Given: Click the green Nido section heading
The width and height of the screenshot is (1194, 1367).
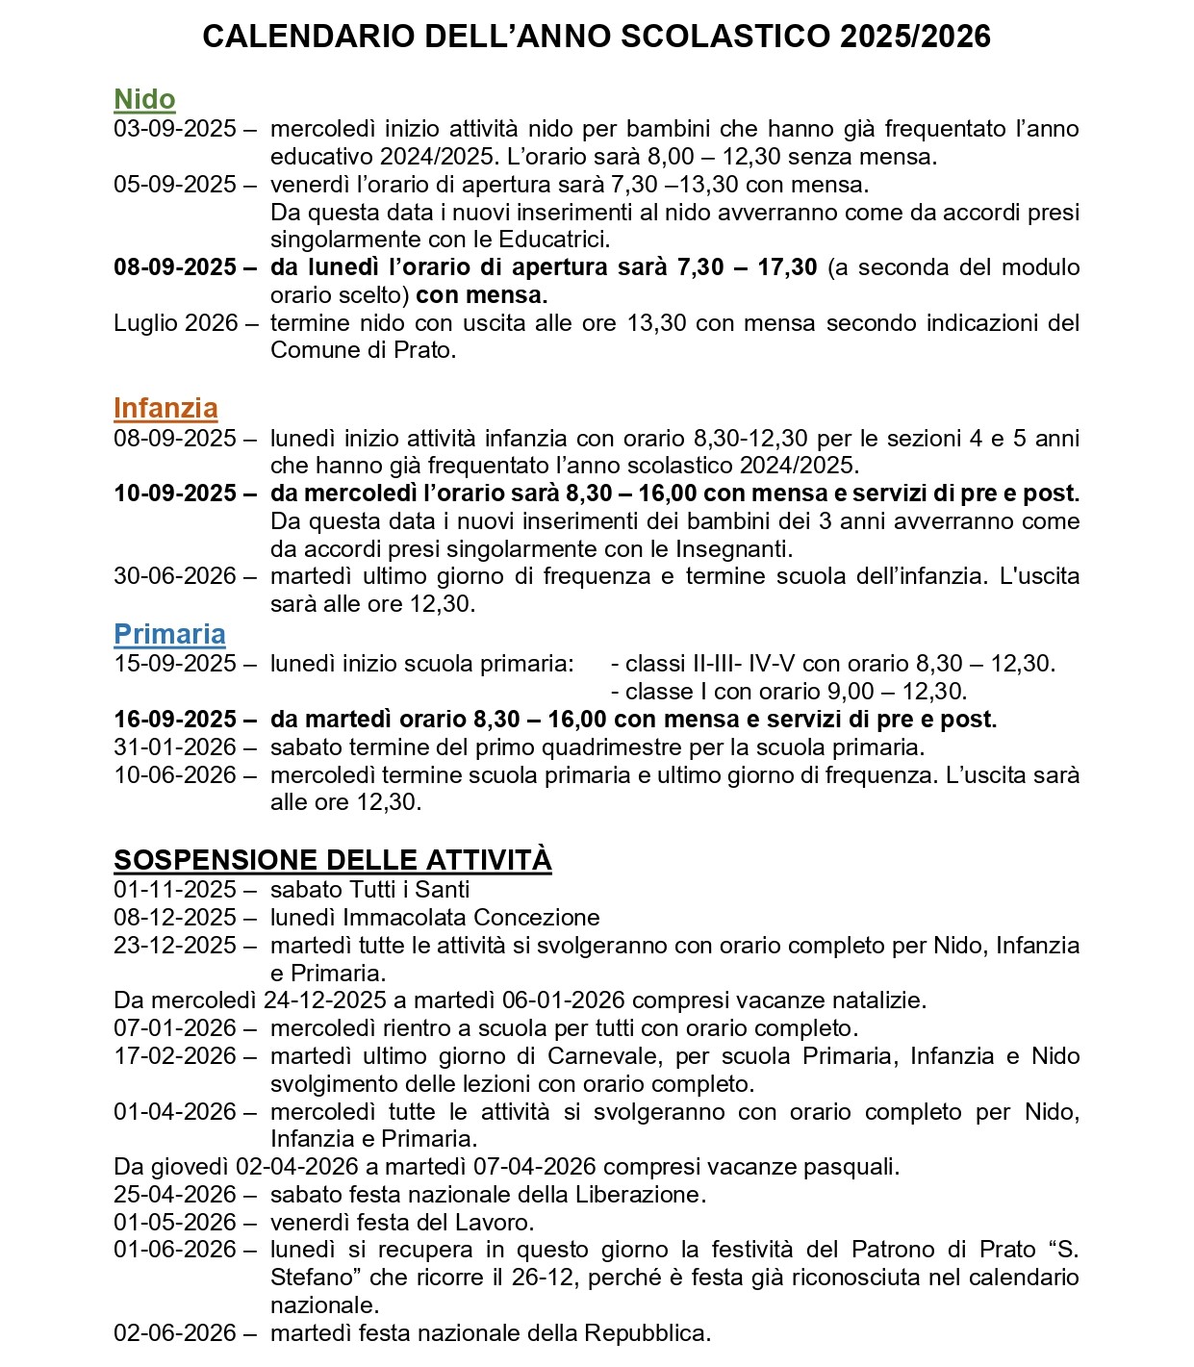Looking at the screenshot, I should [x=144, y=99].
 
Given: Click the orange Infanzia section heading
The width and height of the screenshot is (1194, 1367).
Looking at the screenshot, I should [x=165, y=408].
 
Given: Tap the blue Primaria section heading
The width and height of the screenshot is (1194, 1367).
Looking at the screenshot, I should [x=169, y=634].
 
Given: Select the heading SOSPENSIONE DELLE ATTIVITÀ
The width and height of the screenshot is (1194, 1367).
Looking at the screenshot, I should [x=332, y=859].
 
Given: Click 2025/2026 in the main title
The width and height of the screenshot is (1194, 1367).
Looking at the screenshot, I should [x=914, y=37].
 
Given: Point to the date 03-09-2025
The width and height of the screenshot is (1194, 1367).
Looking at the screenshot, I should [x=174, y=129].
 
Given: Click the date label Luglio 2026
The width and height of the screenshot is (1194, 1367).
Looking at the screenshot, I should [x=175, y=323].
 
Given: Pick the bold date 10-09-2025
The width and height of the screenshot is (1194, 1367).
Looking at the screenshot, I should [x=174, y=494].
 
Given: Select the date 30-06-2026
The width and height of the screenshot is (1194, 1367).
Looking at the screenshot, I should [x=174, y=576].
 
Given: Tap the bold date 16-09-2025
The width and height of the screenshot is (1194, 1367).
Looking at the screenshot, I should [x=174, y=720].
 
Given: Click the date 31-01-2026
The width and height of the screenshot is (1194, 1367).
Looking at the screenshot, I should [x=174, y=747].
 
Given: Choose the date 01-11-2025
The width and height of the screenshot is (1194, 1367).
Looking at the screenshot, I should [x=174, y=890].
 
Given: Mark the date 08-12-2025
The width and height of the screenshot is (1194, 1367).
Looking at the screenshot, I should [x=174, y=918].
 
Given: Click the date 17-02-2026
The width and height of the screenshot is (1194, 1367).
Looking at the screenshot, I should [x=174, y=1056].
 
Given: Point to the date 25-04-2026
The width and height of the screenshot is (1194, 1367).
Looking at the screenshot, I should [x=174, y=1195].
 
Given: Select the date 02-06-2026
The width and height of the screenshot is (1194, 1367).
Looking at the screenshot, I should [x=174, y=1333].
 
